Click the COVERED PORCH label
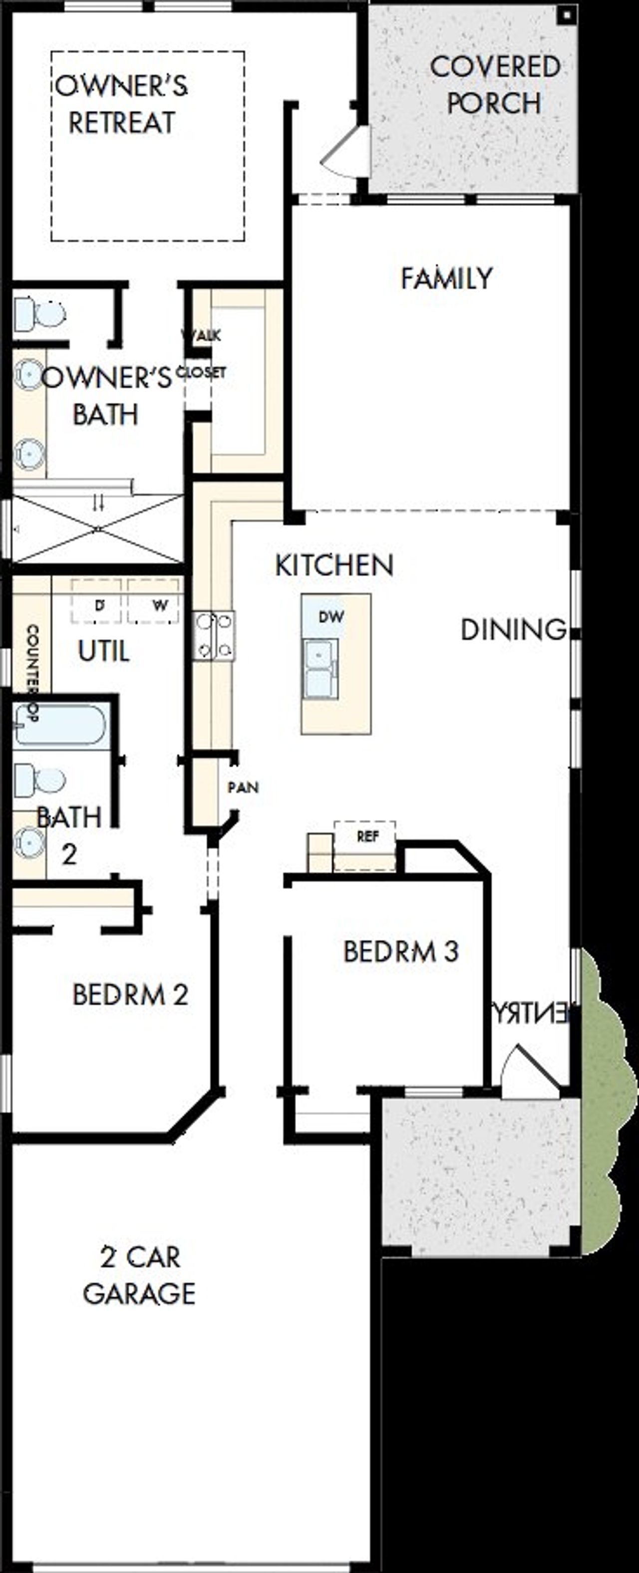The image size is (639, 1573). click(x=494, y=85)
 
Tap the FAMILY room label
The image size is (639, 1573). click(x=446, y=278)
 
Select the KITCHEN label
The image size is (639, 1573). click(x=334, y=566)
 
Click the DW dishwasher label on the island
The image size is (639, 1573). click(x=331, y=617)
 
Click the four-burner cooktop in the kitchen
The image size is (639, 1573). click(x=214, y=636)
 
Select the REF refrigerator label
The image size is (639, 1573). click(x=367, y=836)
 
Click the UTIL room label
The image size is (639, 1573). click(x=104, y=652)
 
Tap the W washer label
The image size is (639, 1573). click(x=160, y=606)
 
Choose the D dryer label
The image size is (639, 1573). click(x=99, y=606)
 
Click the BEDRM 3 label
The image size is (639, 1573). click(x=400, y=951)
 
